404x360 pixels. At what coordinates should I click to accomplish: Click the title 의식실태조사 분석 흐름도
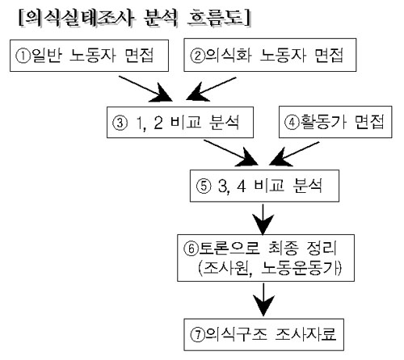[135, 18]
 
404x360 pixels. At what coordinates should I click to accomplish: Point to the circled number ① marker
[23, 57]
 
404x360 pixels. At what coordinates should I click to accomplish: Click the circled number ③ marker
[120, 123]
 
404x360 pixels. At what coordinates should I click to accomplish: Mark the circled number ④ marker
[292, 123]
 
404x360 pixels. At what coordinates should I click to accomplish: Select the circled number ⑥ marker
[191, 249]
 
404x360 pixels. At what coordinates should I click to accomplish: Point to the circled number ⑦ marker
[198, 335]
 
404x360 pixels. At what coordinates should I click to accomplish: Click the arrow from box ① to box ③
[145, 89]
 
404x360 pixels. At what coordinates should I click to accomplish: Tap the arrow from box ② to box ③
[211, 89]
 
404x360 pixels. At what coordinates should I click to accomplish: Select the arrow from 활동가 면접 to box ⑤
[294, 153]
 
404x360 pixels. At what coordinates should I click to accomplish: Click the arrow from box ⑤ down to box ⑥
[263, 220]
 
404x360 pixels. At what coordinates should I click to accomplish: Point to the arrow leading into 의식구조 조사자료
[263, 299]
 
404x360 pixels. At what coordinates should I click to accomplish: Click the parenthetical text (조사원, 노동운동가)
[270, 268]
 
